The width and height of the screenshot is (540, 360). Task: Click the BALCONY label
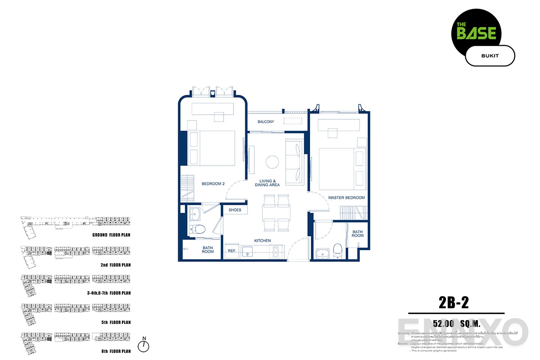point(266,122)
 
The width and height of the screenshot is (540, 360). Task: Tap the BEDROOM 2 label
point(213,184)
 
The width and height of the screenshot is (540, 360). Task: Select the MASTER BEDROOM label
point(346,198)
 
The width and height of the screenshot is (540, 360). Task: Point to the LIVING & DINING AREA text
point(267,183)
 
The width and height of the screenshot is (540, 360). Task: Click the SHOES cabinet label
point(235,210)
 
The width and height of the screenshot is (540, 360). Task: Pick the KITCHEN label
point(262,241)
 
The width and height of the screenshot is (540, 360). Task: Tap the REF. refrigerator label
point(232,251)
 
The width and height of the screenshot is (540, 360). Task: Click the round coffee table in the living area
point(272,162)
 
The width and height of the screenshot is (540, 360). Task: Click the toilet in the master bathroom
point(338,250)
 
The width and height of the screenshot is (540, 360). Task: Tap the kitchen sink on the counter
point(247,252)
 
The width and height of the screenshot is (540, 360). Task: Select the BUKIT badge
point(489,56)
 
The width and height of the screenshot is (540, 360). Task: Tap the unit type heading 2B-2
point(453,302)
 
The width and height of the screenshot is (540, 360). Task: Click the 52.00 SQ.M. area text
point(456,323)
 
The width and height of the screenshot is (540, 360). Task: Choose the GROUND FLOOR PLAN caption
point(111,235)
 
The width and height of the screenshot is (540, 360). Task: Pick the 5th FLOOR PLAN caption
point(116,322)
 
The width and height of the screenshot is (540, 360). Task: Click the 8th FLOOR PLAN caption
point(116,351)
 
